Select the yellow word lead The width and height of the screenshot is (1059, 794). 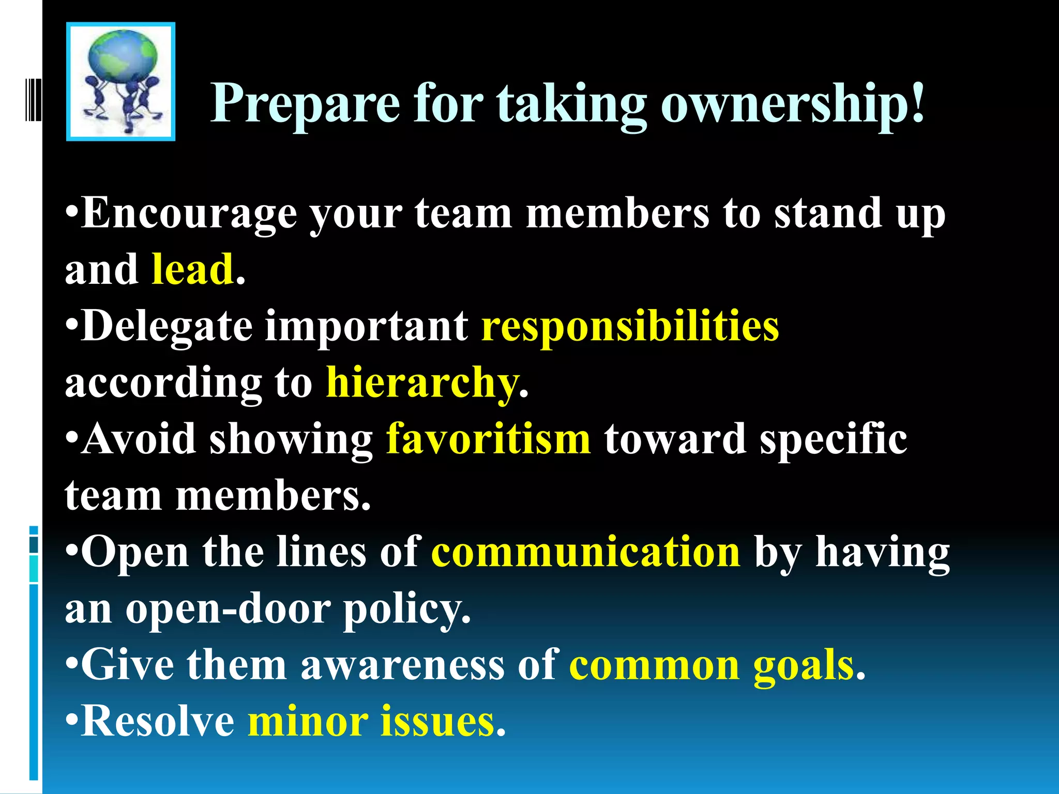click(x=192, y=270)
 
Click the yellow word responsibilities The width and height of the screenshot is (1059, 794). click(x=630, y=327)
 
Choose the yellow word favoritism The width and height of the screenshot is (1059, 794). click(x=488, y=439)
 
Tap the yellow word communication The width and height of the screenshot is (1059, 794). click(x=586, y=552)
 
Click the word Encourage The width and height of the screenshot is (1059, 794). click(x=189, y=214)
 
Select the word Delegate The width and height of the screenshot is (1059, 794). click(x=167, y=327)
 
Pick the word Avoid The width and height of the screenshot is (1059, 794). click(x=139, y=439)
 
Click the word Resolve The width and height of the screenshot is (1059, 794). click(x=158, y=722)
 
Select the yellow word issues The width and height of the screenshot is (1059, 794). click(x=437, y=722)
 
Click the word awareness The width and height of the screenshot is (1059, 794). click(x=402, y=666)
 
